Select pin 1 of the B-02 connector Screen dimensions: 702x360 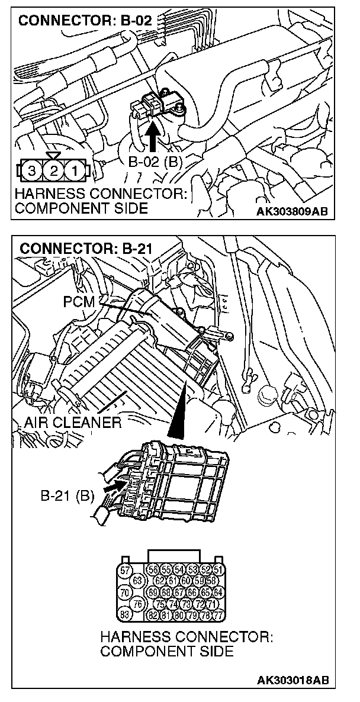(x=73, y=173)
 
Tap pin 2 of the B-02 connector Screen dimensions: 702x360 (x=52, y=173)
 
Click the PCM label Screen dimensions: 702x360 (x=78, y=302)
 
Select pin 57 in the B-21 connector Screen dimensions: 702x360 (x=125, y=571)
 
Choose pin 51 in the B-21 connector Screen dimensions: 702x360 (x=219, y=570)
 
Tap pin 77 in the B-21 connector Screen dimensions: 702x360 (x=219, y=614)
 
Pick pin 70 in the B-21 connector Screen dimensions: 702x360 (x=125, y=592)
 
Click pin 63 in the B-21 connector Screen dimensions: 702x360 (x=138, y=581)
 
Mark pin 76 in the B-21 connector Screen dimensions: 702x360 (x=138, y=603)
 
